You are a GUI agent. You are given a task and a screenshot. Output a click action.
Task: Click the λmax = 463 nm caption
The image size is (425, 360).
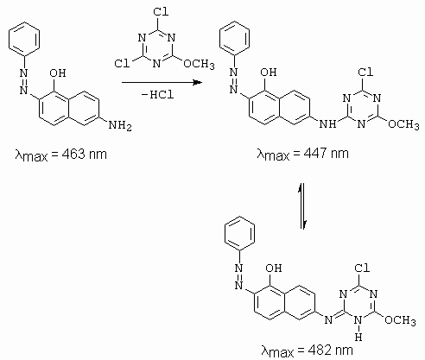61,155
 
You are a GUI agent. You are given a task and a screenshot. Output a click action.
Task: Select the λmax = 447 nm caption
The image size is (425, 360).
302,153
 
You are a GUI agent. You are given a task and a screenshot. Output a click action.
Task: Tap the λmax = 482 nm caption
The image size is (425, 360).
307,351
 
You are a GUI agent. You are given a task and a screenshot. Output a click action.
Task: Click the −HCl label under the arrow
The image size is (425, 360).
158,94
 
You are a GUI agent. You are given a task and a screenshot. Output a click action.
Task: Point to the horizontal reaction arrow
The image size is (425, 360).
162,83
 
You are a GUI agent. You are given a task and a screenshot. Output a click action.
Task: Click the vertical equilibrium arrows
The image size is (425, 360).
302,206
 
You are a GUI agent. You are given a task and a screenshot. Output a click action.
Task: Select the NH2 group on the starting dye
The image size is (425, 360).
120,125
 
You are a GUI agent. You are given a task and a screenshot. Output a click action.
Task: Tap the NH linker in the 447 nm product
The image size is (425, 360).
328,123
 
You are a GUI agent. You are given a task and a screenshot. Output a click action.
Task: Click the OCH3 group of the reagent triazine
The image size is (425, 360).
199,64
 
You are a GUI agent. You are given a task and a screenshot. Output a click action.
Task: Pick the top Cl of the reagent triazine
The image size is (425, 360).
161,12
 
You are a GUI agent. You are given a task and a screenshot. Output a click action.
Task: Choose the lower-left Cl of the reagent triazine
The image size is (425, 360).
122,63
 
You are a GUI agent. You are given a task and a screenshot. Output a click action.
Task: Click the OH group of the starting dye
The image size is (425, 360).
58,73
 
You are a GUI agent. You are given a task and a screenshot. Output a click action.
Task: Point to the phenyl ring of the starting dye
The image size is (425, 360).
24,38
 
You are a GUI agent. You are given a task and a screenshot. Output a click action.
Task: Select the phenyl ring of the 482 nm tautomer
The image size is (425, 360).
239,233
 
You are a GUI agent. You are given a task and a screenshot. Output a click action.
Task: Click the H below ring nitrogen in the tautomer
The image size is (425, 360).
358,337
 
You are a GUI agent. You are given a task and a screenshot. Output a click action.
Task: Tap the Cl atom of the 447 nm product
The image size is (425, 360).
365,72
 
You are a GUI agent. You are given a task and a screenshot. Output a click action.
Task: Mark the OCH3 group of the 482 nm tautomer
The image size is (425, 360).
400,320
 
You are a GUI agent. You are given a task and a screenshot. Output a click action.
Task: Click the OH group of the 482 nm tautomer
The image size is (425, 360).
273,268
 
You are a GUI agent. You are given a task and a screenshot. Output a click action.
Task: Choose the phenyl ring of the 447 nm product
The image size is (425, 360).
234,38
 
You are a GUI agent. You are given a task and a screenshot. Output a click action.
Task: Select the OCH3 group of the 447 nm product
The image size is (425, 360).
403,124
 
